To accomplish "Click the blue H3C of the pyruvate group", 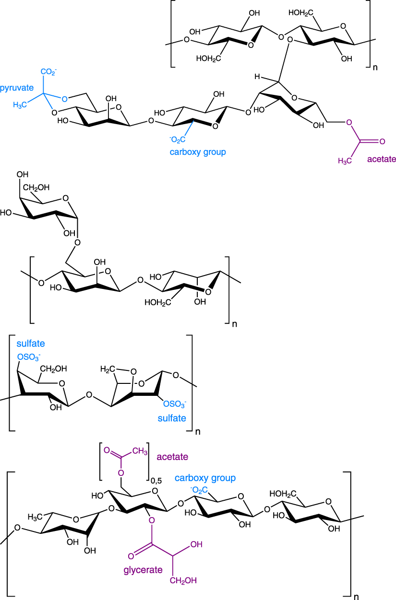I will [22, 104].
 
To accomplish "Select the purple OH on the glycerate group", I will [196, 545].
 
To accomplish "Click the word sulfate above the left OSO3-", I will [30, 344].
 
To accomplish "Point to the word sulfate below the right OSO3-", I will [172, 418].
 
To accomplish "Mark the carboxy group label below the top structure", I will [198, 152].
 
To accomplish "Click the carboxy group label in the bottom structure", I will [205, 478].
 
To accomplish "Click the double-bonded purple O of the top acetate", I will [382, 142].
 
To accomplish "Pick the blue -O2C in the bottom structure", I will [199, 489].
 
